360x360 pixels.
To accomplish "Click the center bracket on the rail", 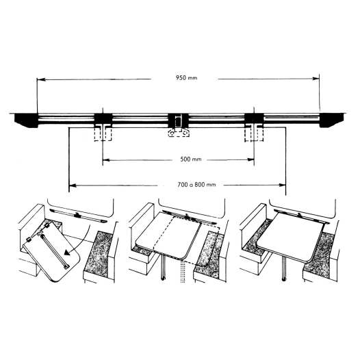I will pos(179,125).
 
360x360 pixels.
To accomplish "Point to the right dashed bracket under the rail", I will pos(255,133).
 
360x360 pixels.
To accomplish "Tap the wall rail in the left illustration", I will pos(79,216).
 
